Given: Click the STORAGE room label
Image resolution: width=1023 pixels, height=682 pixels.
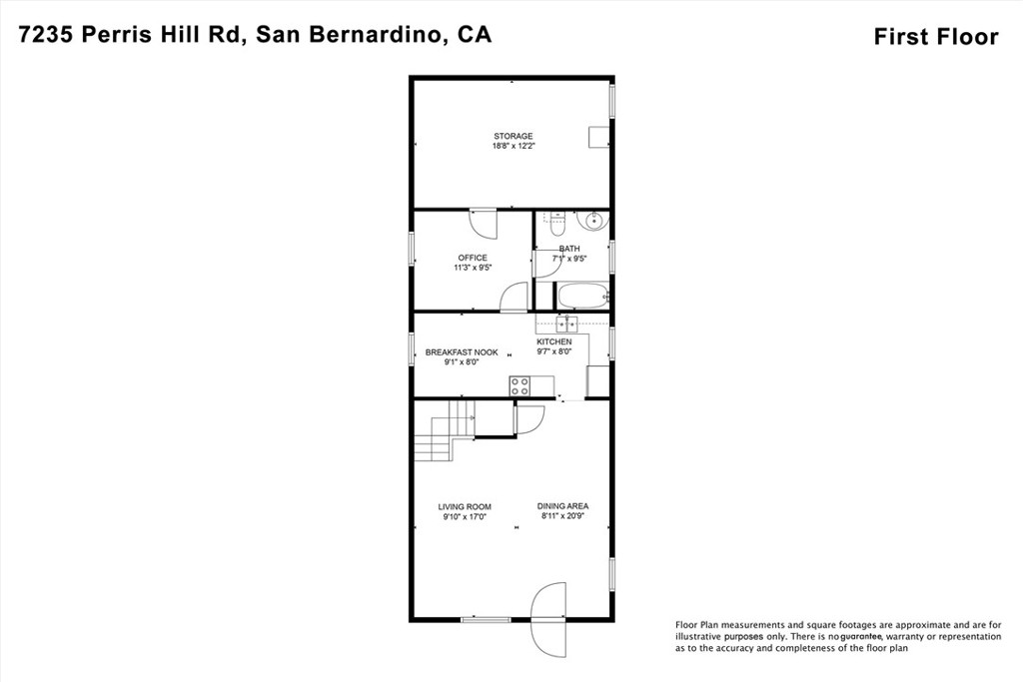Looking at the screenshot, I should [x=512, y=136].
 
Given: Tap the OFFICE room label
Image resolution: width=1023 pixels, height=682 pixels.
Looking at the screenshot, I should [x=473, y=258].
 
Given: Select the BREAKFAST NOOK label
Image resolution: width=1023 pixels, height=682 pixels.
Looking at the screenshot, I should [x=462, y=352].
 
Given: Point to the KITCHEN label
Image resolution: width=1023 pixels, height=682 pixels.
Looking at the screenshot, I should [x=553, y=341].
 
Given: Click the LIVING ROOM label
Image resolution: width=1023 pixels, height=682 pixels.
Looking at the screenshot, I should [x=465, y=506].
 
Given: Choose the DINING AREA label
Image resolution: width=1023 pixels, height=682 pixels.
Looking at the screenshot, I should [x=562, y=506].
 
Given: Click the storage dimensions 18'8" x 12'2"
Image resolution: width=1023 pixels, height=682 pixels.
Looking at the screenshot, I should [x=512, y=147].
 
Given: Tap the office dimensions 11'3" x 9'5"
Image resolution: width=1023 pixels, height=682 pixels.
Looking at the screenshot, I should [x=473, y=268].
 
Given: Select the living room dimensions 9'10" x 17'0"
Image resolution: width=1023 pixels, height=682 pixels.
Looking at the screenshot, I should [x=465, y=517].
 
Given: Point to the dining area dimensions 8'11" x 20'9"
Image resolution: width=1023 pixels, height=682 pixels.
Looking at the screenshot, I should [x=562, y=517].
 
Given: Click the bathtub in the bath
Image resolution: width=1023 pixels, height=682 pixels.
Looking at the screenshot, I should [x=582, y=296].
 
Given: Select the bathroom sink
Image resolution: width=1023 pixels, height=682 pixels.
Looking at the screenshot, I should [x=593, y=221].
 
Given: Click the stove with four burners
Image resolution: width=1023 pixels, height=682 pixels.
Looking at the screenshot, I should [x=519, y=385].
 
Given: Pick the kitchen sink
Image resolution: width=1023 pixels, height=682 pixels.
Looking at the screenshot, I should [x=566, y=323].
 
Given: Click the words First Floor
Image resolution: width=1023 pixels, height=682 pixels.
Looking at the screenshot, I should [x=935, y=37].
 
